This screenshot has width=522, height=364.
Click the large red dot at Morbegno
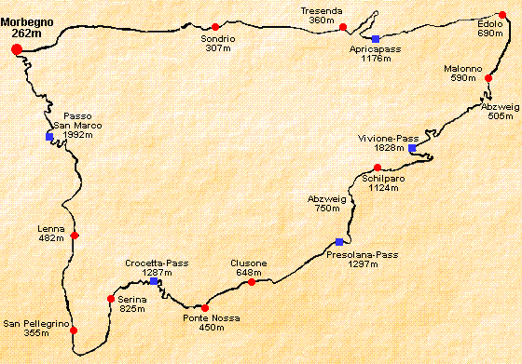pos(16,49)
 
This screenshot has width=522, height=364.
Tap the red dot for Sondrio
pos(215,26)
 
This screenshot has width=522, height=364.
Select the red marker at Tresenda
pos(343,27)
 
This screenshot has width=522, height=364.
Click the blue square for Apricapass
pos(376,38)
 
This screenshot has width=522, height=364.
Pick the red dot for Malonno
pos(488,78)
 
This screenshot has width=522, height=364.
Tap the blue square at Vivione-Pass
pos(412,148)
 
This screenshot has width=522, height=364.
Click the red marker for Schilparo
pos(378,168)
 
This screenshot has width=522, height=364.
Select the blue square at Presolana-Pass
pos(339,243)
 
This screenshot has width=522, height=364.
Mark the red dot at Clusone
pos(252,281)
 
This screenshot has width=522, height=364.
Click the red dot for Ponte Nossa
pos(205,308)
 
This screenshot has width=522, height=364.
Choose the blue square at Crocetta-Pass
pos(154,280)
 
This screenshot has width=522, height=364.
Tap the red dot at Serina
pos(111,299)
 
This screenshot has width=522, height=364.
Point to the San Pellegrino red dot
pos(74,330)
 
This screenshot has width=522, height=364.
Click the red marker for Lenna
pos(74,236)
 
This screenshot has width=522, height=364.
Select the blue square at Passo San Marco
pos(49,137)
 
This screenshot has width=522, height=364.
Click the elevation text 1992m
pos(78,135)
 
